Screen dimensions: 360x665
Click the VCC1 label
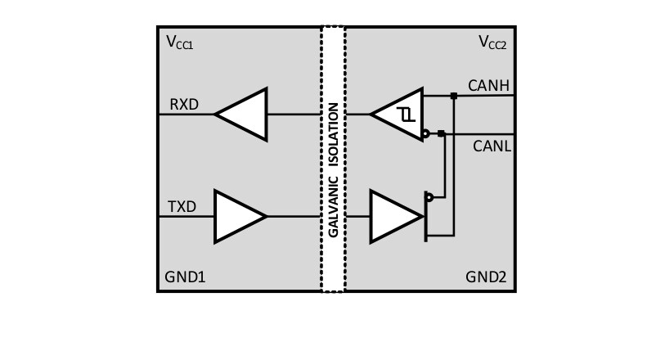pyautogui.click(x=179, y=42)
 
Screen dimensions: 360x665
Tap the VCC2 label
pyautogui.click(x=492, y=42)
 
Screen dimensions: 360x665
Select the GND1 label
pyautogui.click(x=186, y=277)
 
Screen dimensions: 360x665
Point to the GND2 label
pyautogui.click(x=487, y=277)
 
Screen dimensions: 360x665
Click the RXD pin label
pyautogui.click(x=184, y=105)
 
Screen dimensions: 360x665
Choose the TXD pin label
pyautogui.click(x=182, y=207)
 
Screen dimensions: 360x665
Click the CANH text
pyautogui.click(x=488, y=85)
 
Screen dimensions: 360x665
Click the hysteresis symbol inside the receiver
pyautogui.click(x=407, y=115)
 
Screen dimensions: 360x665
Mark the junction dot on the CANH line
pyautogui.click(x=454, y=96)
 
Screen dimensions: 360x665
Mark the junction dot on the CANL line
pyautogui.click(x=441, y=133)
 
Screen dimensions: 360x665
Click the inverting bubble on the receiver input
pyautogui.click(x=426, y=133)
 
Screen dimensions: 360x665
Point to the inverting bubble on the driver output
pyautogui.click(x=429, y=197)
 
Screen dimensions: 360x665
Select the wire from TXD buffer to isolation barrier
pyautogui.click(x=293, y=217)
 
